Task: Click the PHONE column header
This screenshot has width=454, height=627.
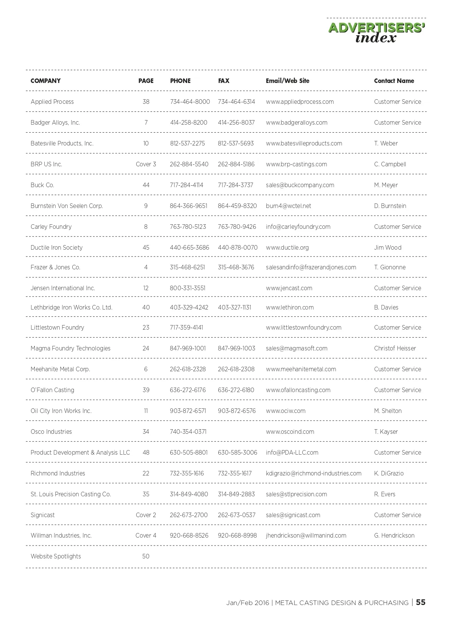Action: pyautogui.click(x=180, y=81)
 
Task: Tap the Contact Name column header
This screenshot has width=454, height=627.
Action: pyautogui.click(x=394, y=81)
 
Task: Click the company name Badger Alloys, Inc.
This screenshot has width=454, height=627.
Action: pyautogui.click(x=55, y=122)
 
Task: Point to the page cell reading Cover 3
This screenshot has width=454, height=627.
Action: pyautogui.click(x=146, y=164)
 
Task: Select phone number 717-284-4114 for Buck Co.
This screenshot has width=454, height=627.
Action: pyautogui.click(x=187, y=185)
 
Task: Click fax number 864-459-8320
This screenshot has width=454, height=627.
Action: pyautogui.click(x=237, y=206)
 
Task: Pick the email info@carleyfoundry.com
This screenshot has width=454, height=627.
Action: pyautogui.click(x=298, y=227)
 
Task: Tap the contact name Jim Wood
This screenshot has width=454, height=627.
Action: pyautogui.click(x=388, y=247)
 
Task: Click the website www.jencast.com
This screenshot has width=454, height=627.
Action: pyautogui.click(x=289, y=288)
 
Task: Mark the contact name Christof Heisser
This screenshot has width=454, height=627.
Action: pyautogui.click(x=395, y=348)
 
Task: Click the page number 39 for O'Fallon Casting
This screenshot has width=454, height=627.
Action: pyautogui.click(x=146, y=390)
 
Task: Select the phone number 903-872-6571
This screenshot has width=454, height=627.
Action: pyautogui.click(x=188, y=411)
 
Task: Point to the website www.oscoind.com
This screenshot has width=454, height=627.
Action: pyautogui.click(x=290, y=432)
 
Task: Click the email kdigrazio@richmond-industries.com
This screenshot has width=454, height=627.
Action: pyautogui.click(x=314, y=473)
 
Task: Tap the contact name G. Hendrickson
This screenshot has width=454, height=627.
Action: pyautogui.click(x=394, y=535)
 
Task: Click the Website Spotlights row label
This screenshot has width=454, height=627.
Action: pyautogui.click(x=56, y=556)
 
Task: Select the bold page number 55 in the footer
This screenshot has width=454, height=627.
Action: pyautogui.click(x=421, y=602)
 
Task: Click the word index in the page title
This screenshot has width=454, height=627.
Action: pyautogui.click(x=376, y=38)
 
